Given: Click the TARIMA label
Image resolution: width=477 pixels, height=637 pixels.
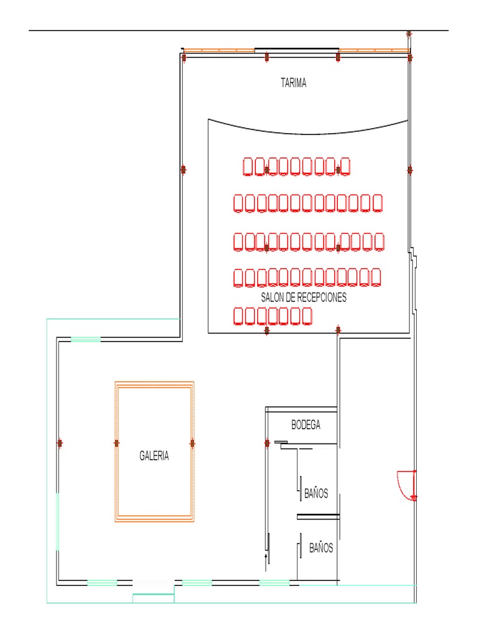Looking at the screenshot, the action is point(293,83).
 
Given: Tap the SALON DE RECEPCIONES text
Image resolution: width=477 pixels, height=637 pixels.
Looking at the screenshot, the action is point(303,297).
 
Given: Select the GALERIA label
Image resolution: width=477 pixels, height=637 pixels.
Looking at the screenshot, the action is point(154,456).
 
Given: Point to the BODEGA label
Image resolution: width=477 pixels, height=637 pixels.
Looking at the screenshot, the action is point(306,425).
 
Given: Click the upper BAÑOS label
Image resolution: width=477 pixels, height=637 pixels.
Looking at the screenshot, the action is point(316,493).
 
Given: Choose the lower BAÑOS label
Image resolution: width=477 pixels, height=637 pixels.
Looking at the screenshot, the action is point(321,548).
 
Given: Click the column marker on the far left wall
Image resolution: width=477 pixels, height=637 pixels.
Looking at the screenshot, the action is point(60,443).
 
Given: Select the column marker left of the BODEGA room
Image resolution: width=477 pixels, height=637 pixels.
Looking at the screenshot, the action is point(267,443).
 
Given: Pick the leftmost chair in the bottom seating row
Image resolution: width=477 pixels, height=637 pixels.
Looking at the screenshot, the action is point(238,316).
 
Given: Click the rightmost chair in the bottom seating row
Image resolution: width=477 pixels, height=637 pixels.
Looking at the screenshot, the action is point(307,316).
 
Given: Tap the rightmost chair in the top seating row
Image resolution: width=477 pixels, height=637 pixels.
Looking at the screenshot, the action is point(345,167).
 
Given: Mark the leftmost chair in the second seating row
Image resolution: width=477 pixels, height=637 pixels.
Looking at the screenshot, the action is point(238,203).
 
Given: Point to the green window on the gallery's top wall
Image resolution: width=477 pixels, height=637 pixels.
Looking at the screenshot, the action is point(86,339).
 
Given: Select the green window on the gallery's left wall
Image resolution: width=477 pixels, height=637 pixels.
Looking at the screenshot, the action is point(58,522).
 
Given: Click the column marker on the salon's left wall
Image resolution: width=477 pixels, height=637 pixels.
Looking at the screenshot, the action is point(183,169).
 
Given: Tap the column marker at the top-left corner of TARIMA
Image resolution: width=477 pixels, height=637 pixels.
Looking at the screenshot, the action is point(184,58).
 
